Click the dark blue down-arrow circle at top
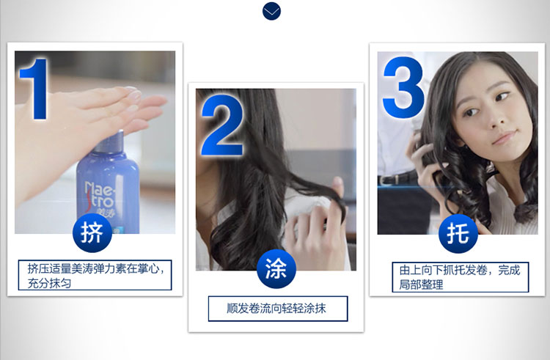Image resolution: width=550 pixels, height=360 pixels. click(x=271, y=11)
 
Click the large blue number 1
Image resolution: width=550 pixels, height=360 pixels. click(x=35, y=89)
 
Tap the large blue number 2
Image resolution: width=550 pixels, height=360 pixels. click(x=222, y=125)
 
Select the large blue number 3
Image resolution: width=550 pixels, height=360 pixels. click(x=403, y=87)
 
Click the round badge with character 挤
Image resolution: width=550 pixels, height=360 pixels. click(x=92, y=232)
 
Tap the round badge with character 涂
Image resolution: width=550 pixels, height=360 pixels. click(x=276, y=269)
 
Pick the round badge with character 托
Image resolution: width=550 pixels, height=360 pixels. click(x=458, y=233)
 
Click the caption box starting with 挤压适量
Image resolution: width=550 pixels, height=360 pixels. click(x=95, y=275)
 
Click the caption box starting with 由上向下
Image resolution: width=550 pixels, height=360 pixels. click(x=461, y=277)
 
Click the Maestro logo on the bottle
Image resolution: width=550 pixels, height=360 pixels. click(x=100, y=199)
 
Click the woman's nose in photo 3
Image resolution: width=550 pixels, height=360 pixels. click(x=495, y=120)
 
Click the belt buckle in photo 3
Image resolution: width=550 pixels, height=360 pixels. click(x=386, y=180)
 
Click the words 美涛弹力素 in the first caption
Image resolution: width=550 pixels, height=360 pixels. click(x=98, y=269)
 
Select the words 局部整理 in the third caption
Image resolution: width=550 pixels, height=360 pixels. click(x=421, y=284)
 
